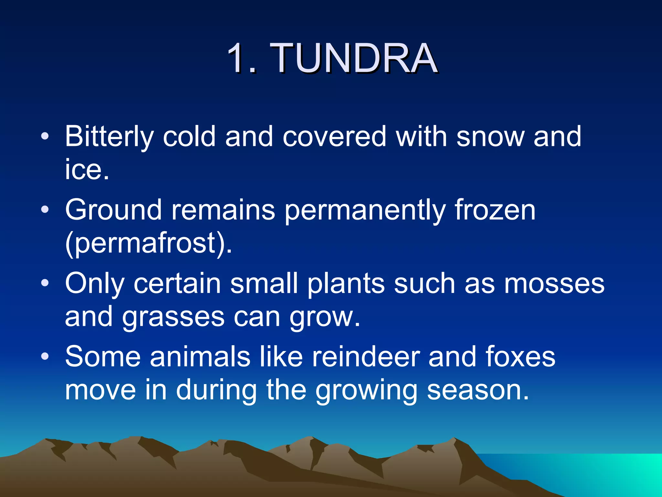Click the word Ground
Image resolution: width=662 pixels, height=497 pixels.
(113, 210)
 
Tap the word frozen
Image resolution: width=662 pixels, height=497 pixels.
(495, 210)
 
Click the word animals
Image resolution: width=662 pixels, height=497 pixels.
(200, 357)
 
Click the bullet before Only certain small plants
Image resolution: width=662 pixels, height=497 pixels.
(45, 283)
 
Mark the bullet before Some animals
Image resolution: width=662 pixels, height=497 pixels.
(45, 357)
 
